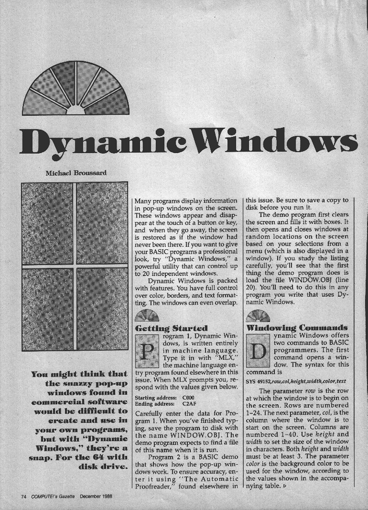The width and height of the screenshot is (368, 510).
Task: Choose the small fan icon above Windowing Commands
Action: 258,316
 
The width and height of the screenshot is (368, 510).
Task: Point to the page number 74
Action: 24,497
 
